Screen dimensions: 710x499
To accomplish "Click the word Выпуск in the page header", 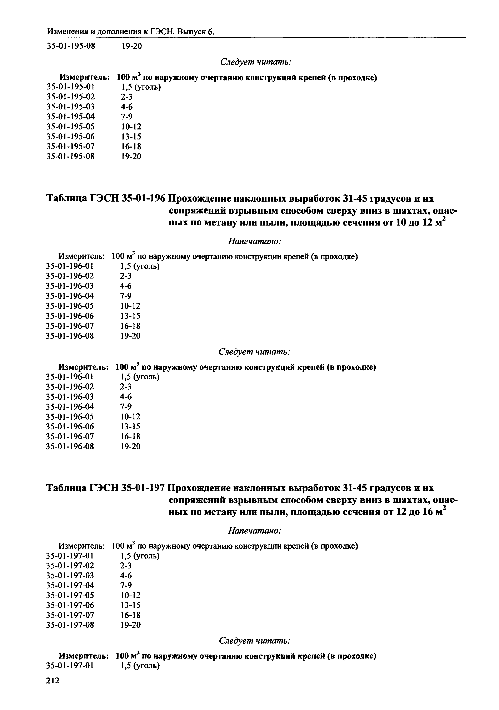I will click(191, 31).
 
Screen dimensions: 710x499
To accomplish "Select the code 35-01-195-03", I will click(70, 107).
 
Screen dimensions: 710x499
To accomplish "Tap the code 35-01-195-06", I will click(70, 136).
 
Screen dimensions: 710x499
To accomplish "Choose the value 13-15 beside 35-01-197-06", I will click(130, 605).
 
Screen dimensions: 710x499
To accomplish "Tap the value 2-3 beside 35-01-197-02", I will click(126, 565).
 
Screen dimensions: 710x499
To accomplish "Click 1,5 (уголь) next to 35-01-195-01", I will click(141, 87).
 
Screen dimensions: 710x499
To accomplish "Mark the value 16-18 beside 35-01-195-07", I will click(131, 146).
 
